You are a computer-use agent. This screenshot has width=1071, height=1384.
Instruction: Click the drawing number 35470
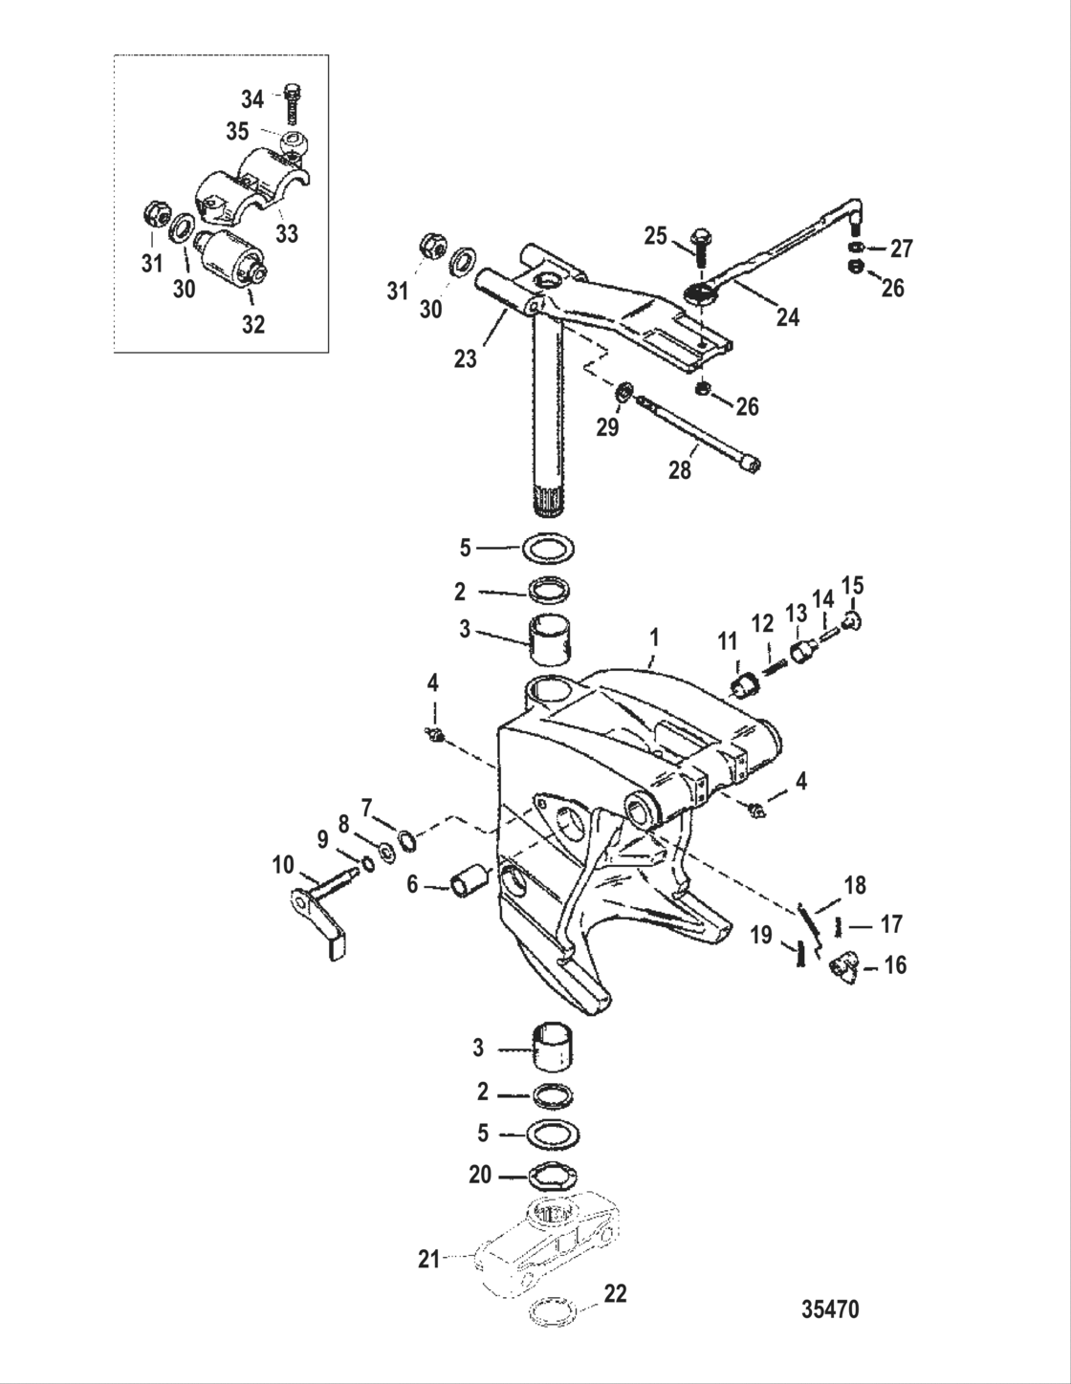[829, 1308]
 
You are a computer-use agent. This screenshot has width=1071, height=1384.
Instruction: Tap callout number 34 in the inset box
[252, 98]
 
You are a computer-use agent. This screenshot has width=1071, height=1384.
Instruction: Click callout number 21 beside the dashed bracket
[428, 1259]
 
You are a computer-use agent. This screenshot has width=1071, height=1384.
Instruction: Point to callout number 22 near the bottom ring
[615, 1294]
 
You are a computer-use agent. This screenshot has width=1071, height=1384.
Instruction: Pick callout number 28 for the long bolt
[680, 471]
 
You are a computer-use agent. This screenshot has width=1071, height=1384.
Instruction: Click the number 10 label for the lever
[284, 866]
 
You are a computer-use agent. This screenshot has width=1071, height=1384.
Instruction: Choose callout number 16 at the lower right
[895, 965]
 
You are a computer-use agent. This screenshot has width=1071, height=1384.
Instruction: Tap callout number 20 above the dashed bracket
[480, 1174]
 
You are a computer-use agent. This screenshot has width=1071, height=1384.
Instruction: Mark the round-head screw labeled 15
[854, 623]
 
